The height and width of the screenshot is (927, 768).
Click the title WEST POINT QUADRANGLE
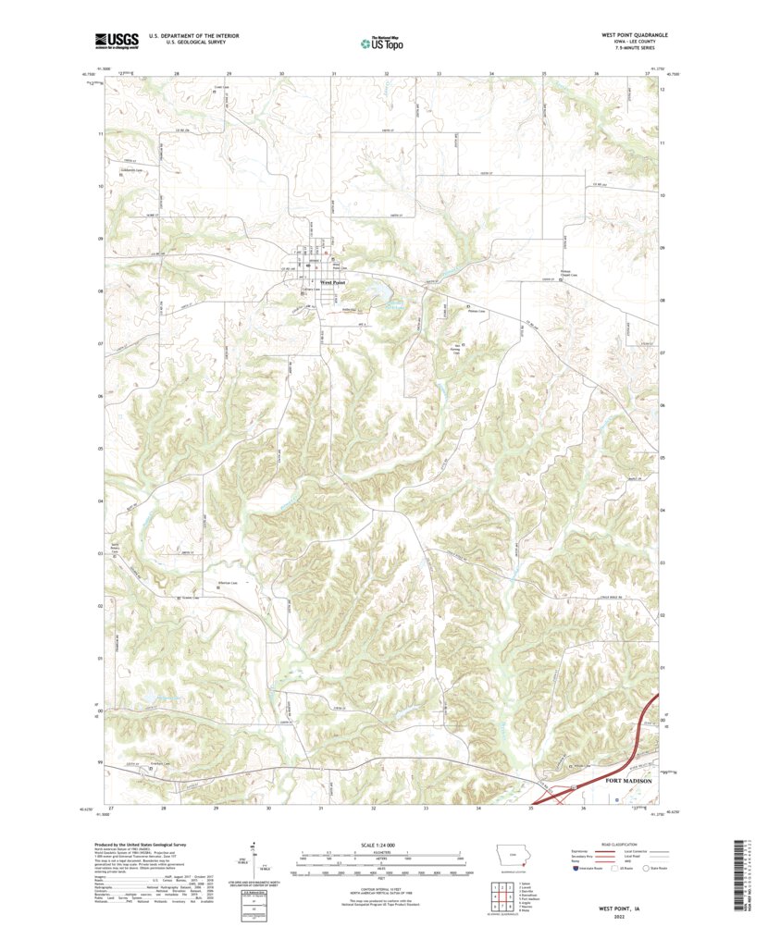click(632, 34)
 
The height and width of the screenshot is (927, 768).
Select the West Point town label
click(332, 282)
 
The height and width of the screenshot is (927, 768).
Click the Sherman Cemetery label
click(228, 583)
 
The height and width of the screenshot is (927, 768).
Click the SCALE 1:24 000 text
click(380, 846)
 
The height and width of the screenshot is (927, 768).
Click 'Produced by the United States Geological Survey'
click(148, 846)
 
